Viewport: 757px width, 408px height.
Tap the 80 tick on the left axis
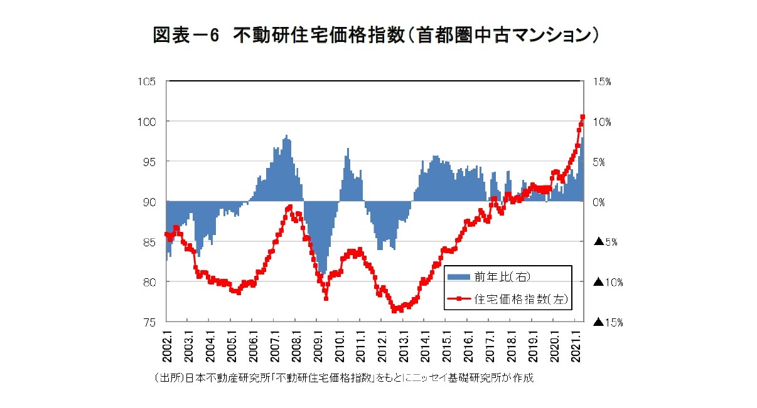point(150,282)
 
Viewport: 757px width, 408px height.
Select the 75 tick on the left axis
point(150,322)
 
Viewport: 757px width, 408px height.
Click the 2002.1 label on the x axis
point(167,345)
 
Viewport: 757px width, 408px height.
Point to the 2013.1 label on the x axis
point(404,345)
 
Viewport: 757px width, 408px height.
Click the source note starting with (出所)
point(343,379)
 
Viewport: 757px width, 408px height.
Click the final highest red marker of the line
point(583,117)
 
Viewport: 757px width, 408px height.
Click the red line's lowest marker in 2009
point(326,298)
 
